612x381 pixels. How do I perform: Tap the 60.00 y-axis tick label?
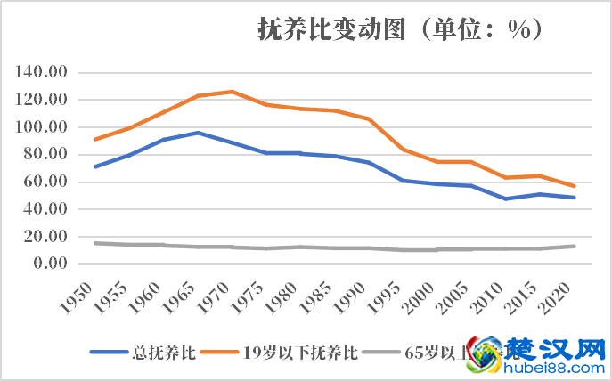(45, 182)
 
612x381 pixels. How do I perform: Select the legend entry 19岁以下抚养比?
(285, 351)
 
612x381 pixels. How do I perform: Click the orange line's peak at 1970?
(232, 92)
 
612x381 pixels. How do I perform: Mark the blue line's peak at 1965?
(198, 133)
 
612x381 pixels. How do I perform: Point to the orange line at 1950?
(95, 139)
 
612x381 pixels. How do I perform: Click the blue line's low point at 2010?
(505, 199)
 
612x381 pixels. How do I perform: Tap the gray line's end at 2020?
(574, 246)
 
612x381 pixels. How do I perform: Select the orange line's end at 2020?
(574, 186)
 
